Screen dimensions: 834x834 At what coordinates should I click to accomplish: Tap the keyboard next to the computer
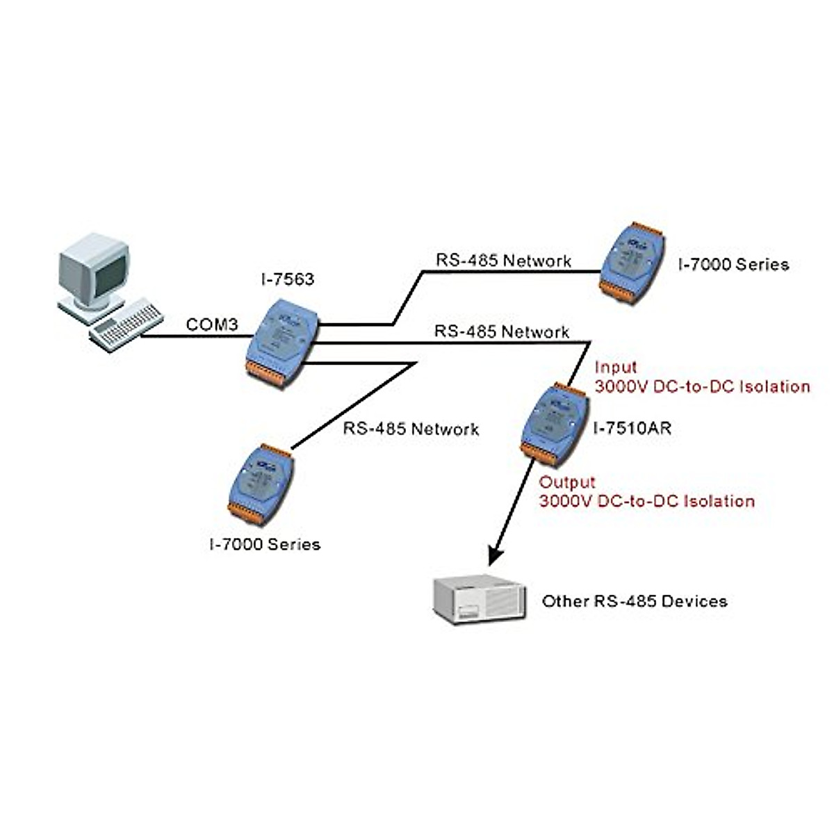(126, 325)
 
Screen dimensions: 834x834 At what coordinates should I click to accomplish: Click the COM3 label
(212, 325)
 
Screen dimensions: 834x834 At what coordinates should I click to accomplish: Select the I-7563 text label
(287, 279)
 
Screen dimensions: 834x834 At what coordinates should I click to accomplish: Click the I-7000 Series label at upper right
(733, 264)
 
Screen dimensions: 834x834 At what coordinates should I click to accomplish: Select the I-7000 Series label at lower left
(265, 544)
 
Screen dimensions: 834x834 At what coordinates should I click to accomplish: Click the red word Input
(615, 367)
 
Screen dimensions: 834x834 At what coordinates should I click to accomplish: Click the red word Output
(568, 482)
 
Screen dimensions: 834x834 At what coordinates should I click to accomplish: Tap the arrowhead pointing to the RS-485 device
(496, 553)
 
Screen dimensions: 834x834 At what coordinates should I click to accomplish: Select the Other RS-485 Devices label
(634, 601)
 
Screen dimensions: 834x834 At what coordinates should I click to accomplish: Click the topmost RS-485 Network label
(503, 261)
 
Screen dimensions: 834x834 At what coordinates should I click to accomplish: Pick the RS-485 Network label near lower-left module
(411, 429)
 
